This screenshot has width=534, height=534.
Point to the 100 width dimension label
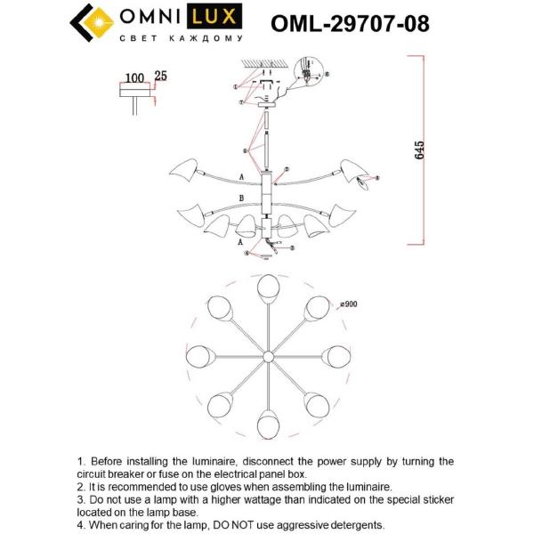(x=134, y=77)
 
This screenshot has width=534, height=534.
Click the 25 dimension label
(x=161, y=77)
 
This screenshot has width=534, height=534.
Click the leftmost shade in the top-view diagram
(x=198, y=356)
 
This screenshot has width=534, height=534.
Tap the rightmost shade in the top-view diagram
(x=335, y=356)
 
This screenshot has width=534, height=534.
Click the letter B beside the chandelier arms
(x=240, y=198)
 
